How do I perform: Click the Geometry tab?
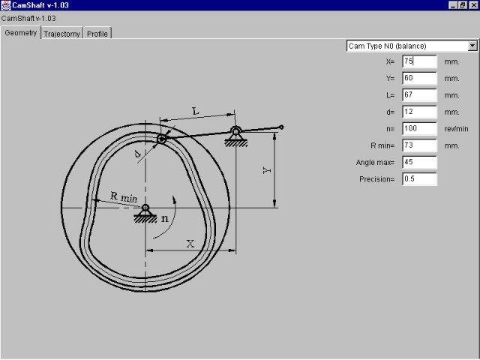(21, 33)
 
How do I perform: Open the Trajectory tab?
(62, 34)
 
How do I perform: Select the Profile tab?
(97, 34)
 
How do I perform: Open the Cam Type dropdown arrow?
(472, 46)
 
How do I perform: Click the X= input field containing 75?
(419, 61)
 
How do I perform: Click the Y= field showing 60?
(419, 78)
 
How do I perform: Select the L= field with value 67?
(419, 95)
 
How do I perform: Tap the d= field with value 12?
(419, 112)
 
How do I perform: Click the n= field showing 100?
(419, 128)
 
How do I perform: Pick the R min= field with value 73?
(419, 145)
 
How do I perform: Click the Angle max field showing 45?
(419, 162)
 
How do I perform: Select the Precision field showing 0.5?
(419, 178)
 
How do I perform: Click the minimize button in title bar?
(454, 5)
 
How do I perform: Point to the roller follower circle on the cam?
(161, 139)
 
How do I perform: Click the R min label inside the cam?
(124, 196)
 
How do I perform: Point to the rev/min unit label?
(456, 128)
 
